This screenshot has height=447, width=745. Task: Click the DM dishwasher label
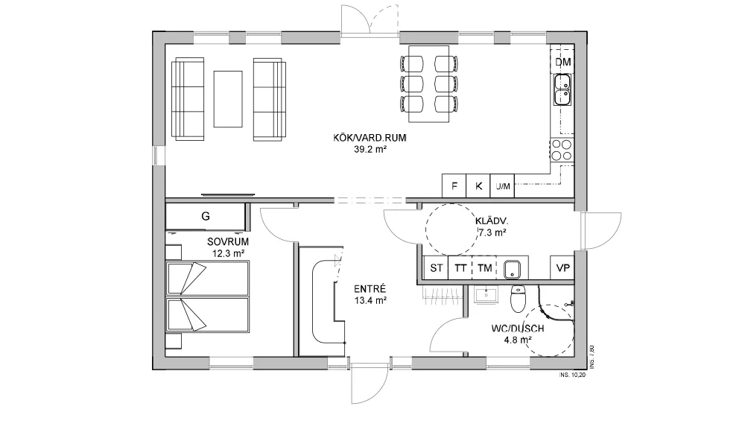click(563, 63)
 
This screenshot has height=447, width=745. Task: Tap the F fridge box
click(454, 186)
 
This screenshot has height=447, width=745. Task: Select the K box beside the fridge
click(478, 186)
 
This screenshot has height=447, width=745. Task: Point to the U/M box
click(503, 186)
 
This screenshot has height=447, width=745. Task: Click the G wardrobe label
click(206, 217)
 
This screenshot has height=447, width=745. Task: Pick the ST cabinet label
click(436, 268)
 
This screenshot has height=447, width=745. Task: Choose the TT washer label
click(460, 268)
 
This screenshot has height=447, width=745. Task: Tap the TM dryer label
click(485, 268)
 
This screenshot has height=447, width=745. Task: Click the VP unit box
click(562, 268)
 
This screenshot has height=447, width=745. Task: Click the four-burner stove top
click(562, 150)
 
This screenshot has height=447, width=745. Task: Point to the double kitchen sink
click(562, 90)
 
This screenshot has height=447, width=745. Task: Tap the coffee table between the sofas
click(228, 99)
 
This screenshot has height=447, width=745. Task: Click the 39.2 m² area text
click(370, 150)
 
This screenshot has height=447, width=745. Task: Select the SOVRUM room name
click(228, 242)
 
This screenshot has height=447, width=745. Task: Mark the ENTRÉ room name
click(370, 289)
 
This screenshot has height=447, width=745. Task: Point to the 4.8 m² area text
click(518, 340)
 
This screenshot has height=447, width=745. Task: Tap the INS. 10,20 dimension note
click(572, 375)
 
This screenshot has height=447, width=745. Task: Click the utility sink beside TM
click(513, 269)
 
